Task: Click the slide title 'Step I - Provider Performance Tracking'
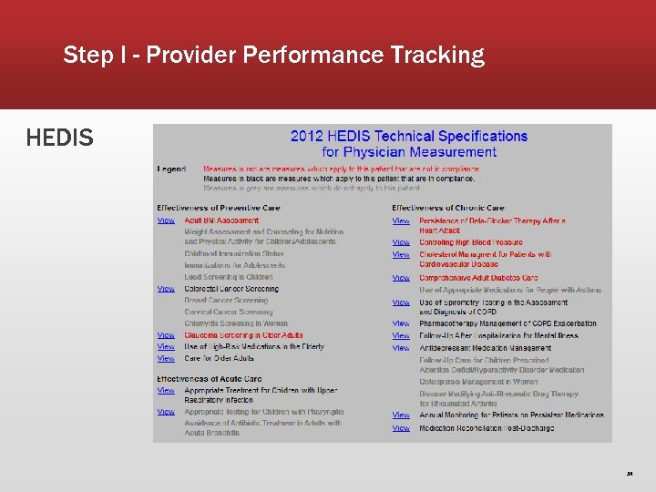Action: (273, 56)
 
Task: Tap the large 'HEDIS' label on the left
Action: (59, 138)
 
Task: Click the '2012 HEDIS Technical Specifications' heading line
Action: (408, 136)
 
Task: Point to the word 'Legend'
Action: (171, 169)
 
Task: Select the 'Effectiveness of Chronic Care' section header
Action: (447, 209)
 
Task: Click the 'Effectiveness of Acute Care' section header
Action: (209, 379)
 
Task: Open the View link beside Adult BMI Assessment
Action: (166, 220)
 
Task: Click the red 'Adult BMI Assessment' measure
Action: (221, 220)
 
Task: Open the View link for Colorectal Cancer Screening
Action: (166, 289)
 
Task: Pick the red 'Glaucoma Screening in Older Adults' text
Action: (243, 335)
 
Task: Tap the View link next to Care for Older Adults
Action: (166, 358)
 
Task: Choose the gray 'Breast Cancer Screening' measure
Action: (226, 300)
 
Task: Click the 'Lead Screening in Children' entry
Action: (228, 277)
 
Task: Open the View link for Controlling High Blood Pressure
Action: (401, 242)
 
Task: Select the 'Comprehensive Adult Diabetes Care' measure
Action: (478, 278)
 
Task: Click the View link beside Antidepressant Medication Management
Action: (401, 348)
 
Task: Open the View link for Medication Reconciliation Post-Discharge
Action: (401, 428)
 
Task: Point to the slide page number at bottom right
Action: (629, 474)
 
